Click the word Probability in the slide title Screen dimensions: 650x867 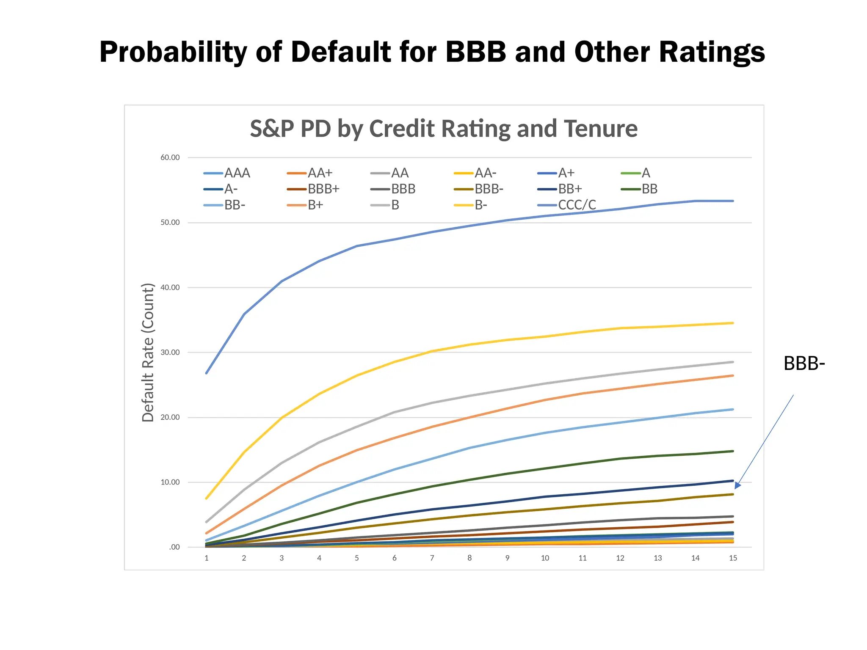(173, 52)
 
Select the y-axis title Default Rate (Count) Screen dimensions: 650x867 (148, 353)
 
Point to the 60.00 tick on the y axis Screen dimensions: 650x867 (170, 157)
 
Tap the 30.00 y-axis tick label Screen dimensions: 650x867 (170, 353)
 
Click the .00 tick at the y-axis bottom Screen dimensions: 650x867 (174, 547)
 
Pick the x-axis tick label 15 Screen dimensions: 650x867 (733, 558)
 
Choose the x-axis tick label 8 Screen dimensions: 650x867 (469, 558)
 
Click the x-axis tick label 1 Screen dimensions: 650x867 (207, 558)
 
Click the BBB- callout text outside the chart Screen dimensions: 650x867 (804, 364)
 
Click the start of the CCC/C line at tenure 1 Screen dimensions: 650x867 (207, 373)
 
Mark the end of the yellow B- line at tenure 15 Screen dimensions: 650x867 (733, 323)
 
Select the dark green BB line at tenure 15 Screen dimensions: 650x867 (733, 451)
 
